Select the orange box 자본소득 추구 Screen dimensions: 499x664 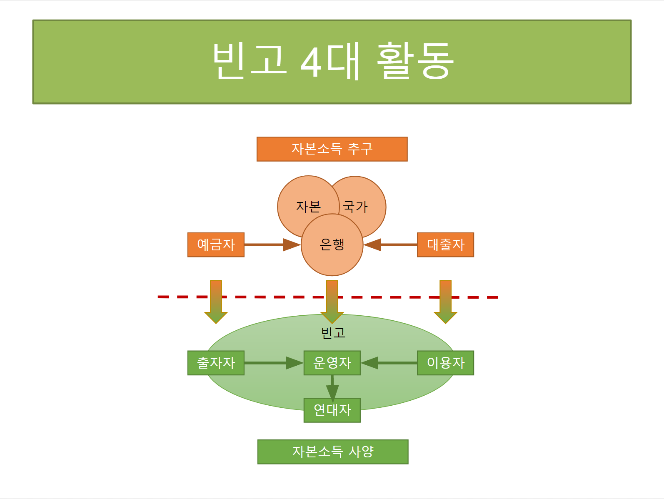point(332,149)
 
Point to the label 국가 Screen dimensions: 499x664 point(355,207)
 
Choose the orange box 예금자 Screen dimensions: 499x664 point(216,245)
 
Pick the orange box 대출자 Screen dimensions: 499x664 point(445,245)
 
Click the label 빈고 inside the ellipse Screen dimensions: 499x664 point(333,333)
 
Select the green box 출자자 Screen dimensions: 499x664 point(216,363)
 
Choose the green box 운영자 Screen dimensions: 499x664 point(332,363)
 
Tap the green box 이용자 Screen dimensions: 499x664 point(445,363)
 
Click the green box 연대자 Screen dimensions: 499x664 point(332,410)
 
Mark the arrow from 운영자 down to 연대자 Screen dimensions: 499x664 point(332,387)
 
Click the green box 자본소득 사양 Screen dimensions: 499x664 point(333,452)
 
